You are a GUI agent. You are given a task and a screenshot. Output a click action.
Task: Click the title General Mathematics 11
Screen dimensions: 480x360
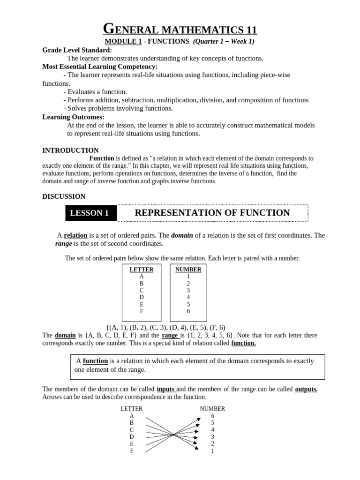[x=180, y=30]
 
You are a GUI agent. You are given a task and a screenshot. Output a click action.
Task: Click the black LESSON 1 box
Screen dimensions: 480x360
[x=89, y=213]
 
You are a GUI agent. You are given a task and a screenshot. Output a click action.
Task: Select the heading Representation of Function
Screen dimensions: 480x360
[x=212, y=213]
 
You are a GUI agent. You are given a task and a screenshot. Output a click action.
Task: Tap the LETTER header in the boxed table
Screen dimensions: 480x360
[x=141, y=270]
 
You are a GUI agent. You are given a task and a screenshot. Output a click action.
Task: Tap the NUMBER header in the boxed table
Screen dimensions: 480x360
[x=188, y=270]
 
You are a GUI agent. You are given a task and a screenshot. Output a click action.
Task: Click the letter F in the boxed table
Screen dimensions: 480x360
[x=141, y=311]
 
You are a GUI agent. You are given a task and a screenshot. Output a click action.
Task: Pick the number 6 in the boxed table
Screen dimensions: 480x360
[x=188, y=311]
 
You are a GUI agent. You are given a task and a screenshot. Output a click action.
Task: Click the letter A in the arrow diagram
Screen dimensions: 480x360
[x=132, y=416]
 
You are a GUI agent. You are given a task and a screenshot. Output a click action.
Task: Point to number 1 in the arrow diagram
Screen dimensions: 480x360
[x=212, y=451]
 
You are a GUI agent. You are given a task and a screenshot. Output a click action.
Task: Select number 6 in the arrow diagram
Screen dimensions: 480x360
[x=212, y=416]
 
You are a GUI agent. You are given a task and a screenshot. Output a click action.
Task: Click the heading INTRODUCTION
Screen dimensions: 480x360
[x=70, y=150]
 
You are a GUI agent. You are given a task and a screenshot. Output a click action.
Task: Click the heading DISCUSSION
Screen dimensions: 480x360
[x=64, y=196]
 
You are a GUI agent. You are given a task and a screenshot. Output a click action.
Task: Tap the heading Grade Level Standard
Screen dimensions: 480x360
[x=77, y=50]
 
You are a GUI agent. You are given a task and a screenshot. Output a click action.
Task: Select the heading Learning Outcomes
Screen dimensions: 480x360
[x=73, y=117]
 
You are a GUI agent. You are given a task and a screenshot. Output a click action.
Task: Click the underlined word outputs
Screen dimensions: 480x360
[x=306, y=390]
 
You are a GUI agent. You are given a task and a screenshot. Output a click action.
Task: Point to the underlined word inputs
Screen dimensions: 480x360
[x=166, y=390]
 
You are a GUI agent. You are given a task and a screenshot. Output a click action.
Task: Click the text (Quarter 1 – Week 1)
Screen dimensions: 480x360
[x=224, y=42]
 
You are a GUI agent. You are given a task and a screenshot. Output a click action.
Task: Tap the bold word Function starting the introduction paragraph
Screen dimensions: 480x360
[x=102, y=158]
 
